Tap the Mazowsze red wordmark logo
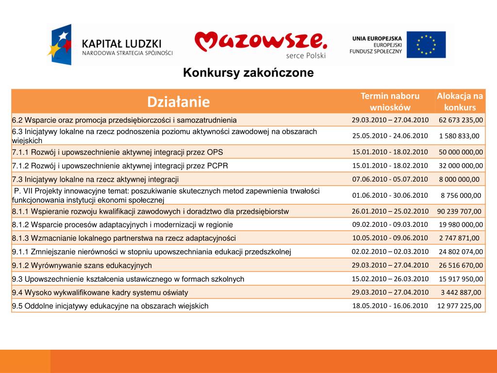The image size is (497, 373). (x=261, y=42)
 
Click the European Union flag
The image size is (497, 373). (x=426, y=44)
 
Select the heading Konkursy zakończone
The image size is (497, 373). (x=248, y=73)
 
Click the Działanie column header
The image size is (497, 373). (x=179, y=102)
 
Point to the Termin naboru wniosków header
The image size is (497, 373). (x=390, y=102)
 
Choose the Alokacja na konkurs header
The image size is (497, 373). (x=460, y=102)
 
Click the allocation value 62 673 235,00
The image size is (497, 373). (x=461, y=119)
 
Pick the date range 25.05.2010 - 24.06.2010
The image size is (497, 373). (x=390, y=136)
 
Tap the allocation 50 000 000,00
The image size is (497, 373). (x=461, y=152)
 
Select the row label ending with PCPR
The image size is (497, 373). (x=120, y=166)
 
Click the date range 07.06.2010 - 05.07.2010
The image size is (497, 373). (x=390, y=179)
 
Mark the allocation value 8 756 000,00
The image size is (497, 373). (x=461, y=195)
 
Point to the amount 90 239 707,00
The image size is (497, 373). (x=459, y=211)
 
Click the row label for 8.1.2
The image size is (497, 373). (x=122, y=225)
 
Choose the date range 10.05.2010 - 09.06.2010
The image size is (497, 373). (x=390, y=238)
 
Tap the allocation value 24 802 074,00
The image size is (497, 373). (x=461, y=252)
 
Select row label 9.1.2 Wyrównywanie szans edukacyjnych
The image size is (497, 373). (x=82, y=266)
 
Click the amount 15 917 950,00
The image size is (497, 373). (x=461, y=279)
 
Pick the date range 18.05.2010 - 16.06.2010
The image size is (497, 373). (x=390, y=305)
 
